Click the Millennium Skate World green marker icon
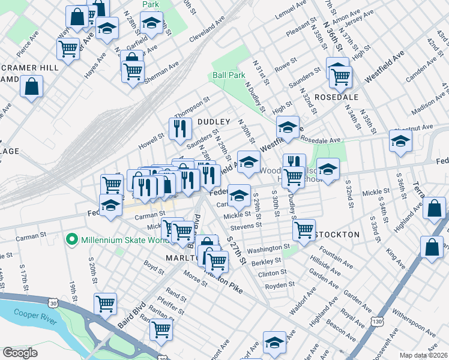pyautogui.click(x=72, y=241)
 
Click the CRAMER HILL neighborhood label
pyautogui.click(x=29, y=68)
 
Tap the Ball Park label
pyautogui.click(x=229, y=76)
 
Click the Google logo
pyautogui.click(x=20, y=353)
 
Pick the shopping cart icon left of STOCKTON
pyautogui.click(x=304, y=229)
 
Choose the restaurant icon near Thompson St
pyautogui.click(x=179, y=128)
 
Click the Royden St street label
pyautogui.click(x=280, y=285)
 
